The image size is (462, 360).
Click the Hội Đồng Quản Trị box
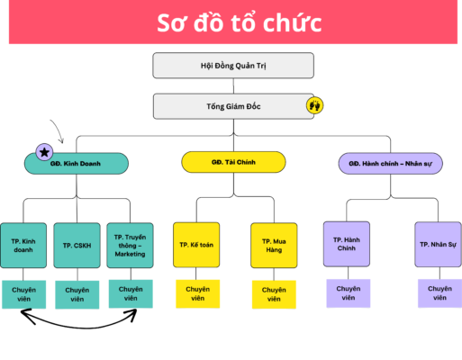click(233, 66)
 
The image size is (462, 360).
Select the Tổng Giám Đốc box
click(233, 106)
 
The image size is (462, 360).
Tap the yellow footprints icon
click(314, 105)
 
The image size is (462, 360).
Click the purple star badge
click(44, 152)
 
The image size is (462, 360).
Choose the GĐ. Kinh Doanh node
click(77, 164)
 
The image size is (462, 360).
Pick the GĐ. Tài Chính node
click(233, 162)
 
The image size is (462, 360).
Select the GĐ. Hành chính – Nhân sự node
click(390, 164)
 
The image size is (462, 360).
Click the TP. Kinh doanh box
click(23, 246)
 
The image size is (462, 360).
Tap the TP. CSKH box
click(77, 246)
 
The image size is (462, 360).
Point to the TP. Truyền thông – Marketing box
click(130, 246)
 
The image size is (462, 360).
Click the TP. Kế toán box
click(196, 245)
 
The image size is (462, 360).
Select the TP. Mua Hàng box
click(274, 246)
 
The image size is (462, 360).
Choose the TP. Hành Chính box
click(347, 244)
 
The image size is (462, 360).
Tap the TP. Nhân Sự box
click(438, 245)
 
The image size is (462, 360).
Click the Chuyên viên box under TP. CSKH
click(77, 294)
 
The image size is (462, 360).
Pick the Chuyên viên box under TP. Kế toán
click(198, 293)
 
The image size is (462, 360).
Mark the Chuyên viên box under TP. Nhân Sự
click(439, 293)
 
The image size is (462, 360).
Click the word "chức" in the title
click(293, 23)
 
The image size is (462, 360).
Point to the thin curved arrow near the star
click(59, 129)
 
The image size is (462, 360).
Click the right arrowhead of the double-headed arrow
click(131, 315)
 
